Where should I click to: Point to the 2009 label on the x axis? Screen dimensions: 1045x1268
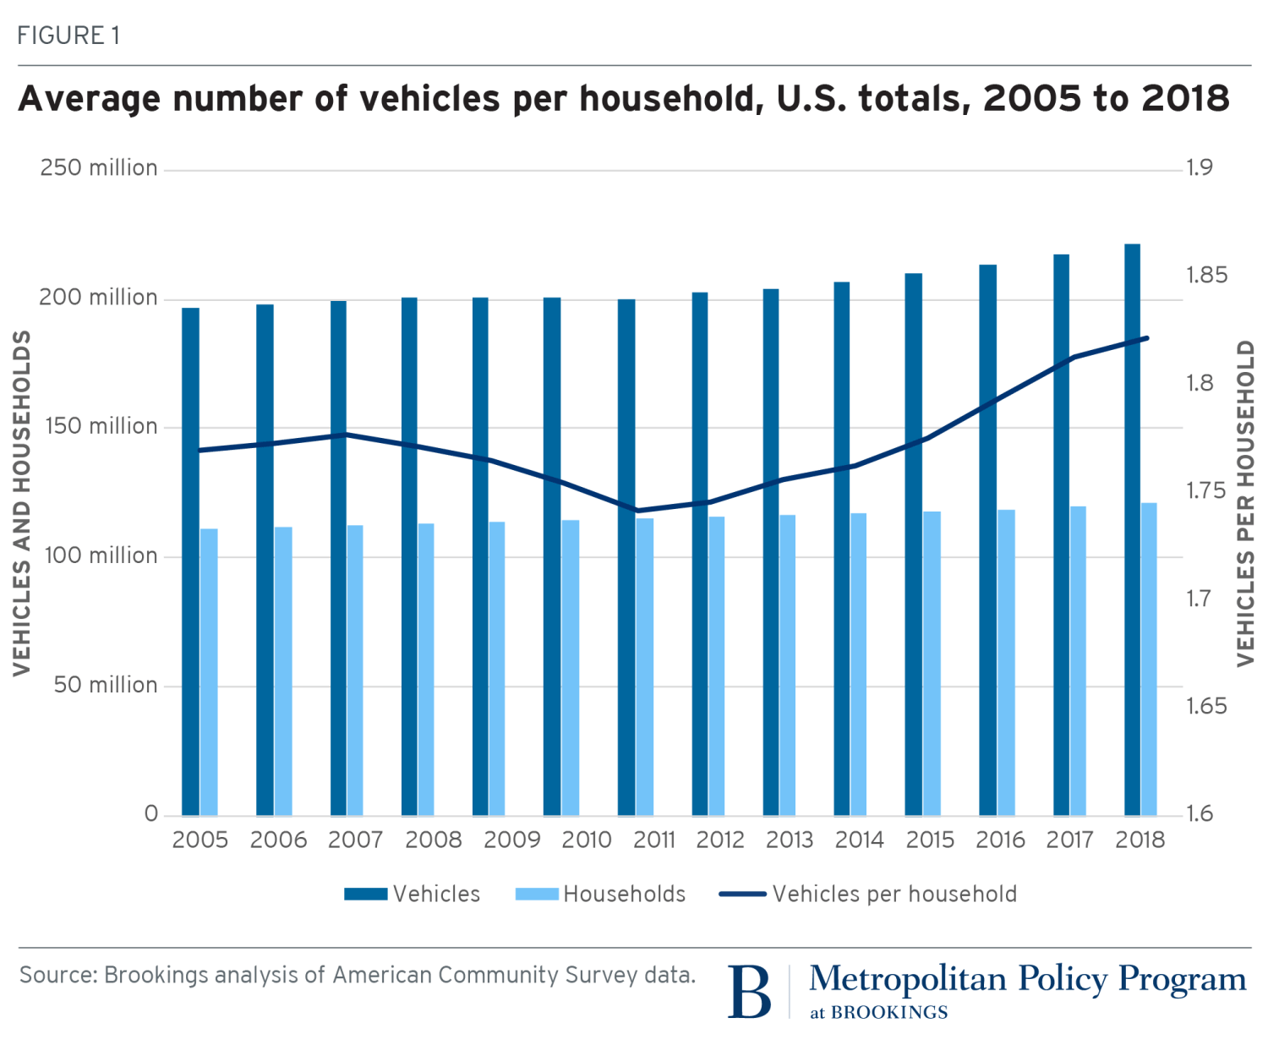512,840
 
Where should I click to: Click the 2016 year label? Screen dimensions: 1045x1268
1000,840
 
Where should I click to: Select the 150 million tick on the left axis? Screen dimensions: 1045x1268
100,426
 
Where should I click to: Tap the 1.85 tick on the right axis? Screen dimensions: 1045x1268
1205,276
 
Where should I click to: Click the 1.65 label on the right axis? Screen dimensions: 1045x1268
1205,706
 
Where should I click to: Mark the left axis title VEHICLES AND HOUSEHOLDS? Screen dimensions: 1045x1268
22,503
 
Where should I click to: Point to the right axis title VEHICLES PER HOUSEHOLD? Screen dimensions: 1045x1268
1246,503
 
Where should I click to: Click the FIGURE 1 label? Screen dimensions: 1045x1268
68,36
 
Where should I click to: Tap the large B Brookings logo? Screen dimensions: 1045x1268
750,990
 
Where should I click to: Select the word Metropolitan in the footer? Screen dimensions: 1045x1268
908,979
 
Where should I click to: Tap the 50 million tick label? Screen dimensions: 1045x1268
106,685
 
